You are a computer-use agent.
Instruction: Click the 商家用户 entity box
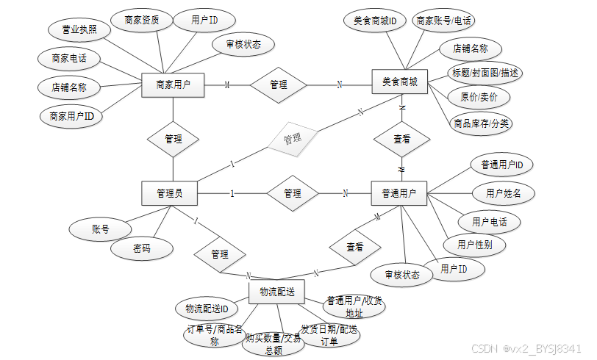coord(173,85)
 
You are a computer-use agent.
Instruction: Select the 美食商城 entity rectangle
coord(399,83)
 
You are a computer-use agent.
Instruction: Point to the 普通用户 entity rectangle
coord(399,193)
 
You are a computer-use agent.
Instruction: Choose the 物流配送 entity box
coord(276,292)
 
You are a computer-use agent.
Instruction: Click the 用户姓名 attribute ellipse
coord(503,193)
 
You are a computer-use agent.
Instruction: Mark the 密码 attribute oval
coord(142,249)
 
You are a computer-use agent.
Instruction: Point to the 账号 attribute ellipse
coord(101,229)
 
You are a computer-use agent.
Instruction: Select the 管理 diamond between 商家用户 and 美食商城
coord(279,85)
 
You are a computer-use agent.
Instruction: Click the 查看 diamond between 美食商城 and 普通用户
coord(401,138)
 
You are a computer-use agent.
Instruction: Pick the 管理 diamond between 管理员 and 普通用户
coord(293,193)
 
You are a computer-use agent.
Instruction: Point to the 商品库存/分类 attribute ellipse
coord(481,123)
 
